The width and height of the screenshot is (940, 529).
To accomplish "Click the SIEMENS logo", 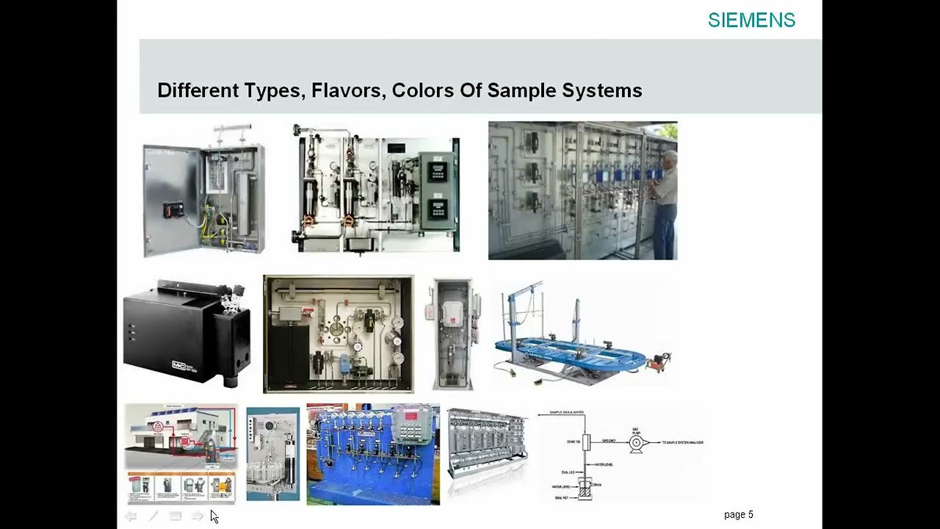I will click(x=751, y=21).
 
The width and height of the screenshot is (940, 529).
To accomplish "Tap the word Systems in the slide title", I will click(x=602, y=90).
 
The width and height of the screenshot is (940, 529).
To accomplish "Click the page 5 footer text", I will click(x=738, y=514).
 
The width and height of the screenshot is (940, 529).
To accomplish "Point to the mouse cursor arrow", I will click(x=214, y=516).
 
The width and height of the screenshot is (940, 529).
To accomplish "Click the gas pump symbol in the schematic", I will click(x=636, y=442).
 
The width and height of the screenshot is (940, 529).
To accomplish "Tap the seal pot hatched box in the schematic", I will click(x=585, y=489).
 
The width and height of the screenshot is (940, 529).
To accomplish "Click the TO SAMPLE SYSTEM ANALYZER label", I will click(x=682, y=442).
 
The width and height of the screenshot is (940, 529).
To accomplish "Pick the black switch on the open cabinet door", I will click(x=173, y=209).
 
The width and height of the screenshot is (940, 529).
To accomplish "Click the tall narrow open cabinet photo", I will click(x=453, y=334).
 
